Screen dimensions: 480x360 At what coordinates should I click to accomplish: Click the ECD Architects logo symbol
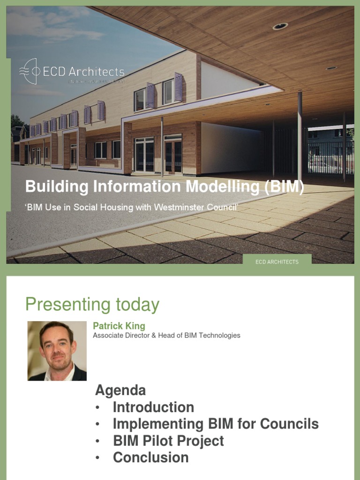pyautogui.click(x=29, y=71)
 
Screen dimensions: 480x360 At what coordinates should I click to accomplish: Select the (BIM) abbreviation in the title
pyautogui.click(x=284, y=187)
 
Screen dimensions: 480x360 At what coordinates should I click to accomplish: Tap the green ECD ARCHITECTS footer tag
pyautogui.click(x=277, y=262)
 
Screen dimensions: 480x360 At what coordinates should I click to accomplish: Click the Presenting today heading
pyautogui.click(x=92, y=305)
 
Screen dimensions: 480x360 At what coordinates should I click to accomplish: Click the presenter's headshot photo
pyautogui.click(x=57, y=351)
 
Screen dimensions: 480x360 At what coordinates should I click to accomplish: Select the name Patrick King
pyautogui.click(x=119, y=326)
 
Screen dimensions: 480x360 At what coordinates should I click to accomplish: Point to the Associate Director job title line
pyautogui.click(x=166, y=335)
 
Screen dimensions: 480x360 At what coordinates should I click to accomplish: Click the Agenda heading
pyautogui.click(x=120, y=390)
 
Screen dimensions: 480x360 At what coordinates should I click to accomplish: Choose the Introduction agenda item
pyautogui.click(x=153, y=407)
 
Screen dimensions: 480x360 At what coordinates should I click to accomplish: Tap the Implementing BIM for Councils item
pyautogui.click(x=216, y=424)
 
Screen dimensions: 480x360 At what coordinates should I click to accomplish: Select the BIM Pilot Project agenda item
pyautogui.click(x=168, y=441)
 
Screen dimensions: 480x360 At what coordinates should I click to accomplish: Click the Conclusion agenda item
pyautogui.click(x=151, y=457)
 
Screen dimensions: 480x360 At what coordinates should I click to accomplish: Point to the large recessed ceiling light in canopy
pyautogui.click(x=280, y=26)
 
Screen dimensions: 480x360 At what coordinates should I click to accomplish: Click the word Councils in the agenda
pyautogui.click(x=289, y=424)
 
